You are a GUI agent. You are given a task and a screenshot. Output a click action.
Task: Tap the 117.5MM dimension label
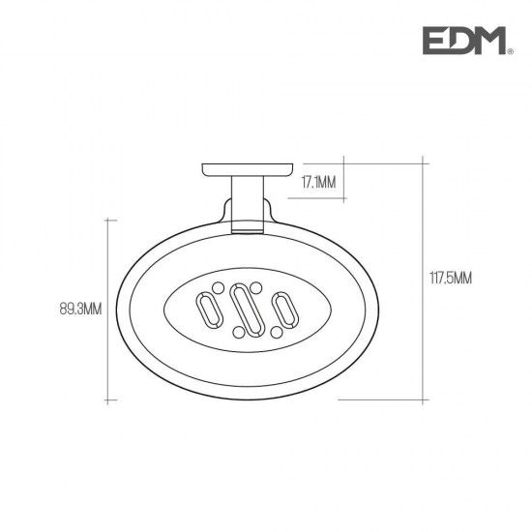(451, 279)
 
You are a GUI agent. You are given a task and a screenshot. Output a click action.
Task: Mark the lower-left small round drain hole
(233, 332)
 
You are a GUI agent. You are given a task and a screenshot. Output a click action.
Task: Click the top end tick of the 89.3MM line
(107, 221)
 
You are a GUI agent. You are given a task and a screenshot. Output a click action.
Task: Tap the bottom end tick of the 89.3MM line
(107, 399)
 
